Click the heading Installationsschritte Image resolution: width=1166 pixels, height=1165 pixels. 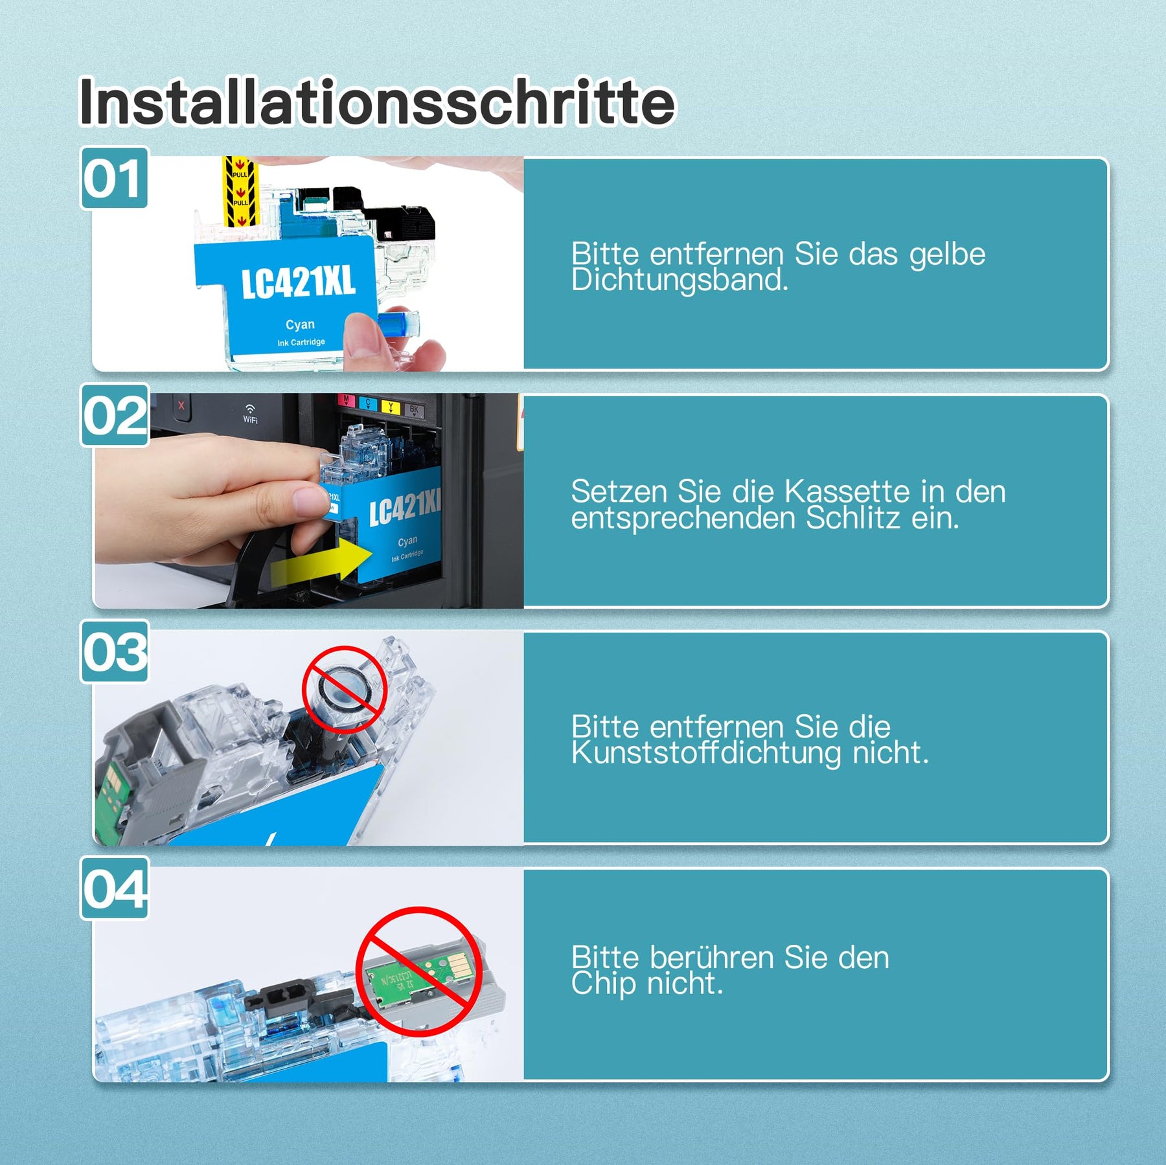tap(376, 102)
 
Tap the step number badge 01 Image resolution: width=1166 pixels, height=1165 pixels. tap(114, 177)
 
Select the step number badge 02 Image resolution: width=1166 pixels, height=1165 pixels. tap(115, 415)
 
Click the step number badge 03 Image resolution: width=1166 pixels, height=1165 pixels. tap(115, 651)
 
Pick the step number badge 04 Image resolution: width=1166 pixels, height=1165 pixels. tap(115, 888)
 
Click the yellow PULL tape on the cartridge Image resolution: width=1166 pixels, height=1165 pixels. tap(240, 190)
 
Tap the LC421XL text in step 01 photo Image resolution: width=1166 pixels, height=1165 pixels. tap(299, 283)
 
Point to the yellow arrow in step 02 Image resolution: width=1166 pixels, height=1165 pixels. tap(321, 561)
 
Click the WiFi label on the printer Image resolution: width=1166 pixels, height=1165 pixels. tap(250, 414)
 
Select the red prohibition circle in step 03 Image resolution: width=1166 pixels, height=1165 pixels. tap(345, 689)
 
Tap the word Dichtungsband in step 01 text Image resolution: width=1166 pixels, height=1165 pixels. tap(680, 280)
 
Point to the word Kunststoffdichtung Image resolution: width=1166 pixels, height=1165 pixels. tap(706, 752)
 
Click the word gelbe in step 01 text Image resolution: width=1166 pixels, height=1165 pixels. tap(947, 254)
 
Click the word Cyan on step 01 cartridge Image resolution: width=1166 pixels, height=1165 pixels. tap(300, 324)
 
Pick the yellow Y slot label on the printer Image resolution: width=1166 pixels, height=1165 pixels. tap(390, 407)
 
